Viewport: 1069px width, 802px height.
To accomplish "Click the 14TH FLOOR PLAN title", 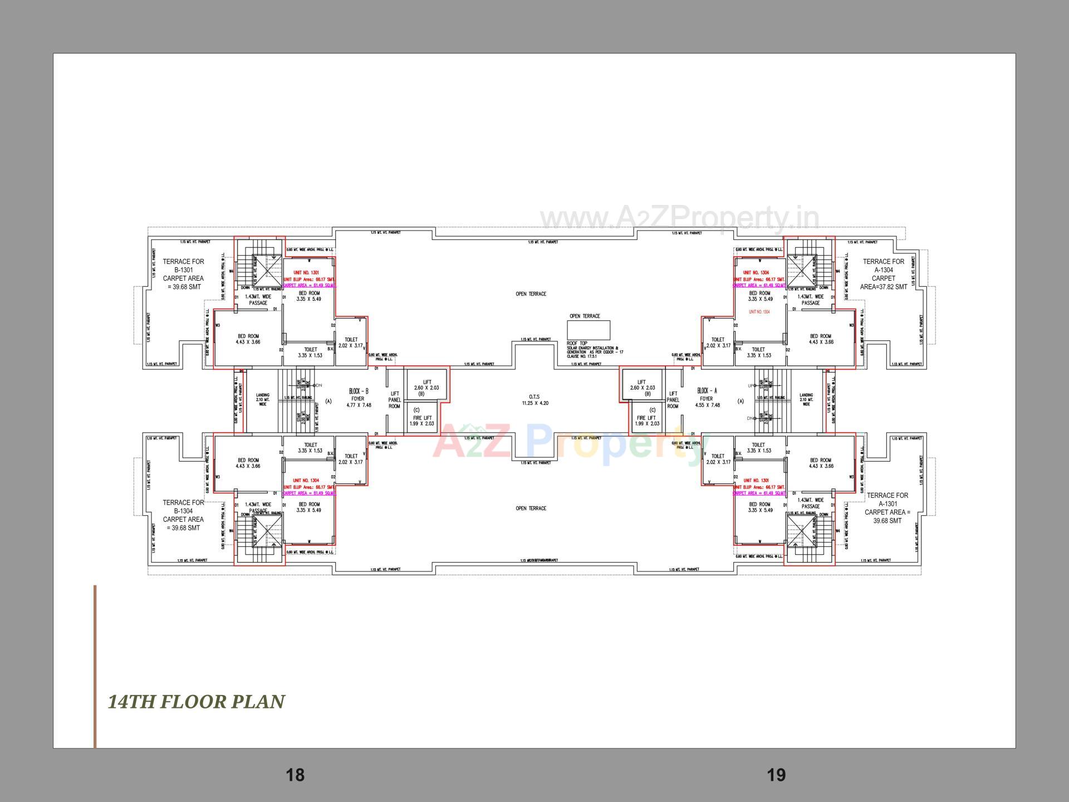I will tap(196, 702).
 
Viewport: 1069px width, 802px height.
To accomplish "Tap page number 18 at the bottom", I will tap(295, 775).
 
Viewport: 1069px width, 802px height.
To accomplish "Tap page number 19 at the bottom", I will tap(776, 775).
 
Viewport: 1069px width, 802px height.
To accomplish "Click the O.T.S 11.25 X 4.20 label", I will tap(534, 400).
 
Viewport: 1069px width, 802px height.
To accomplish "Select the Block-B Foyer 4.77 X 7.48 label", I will tap(359, 398).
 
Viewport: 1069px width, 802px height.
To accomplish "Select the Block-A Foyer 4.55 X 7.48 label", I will tap(707, 398).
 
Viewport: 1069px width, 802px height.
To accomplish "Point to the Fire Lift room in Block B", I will tap(421, 418).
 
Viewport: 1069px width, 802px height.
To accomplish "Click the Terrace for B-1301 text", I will tap(183, 274).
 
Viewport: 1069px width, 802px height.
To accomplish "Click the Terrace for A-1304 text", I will tap(884, 274).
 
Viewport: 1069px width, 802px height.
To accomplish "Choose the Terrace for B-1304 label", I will tap(183, 515).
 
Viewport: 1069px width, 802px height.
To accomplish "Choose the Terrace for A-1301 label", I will tap(887, 508).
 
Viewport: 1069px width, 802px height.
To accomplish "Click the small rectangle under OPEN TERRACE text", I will tap(589, 330).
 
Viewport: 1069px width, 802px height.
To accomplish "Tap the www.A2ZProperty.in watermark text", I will tap(679, 219).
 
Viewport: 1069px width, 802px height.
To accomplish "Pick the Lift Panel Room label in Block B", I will tap(394, 400).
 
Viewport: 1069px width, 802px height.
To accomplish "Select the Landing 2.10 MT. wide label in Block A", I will tap(806, 399).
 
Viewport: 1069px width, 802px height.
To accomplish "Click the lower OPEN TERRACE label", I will tap(531, 508).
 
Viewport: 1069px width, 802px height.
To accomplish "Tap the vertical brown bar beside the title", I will tap(95, 666).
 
